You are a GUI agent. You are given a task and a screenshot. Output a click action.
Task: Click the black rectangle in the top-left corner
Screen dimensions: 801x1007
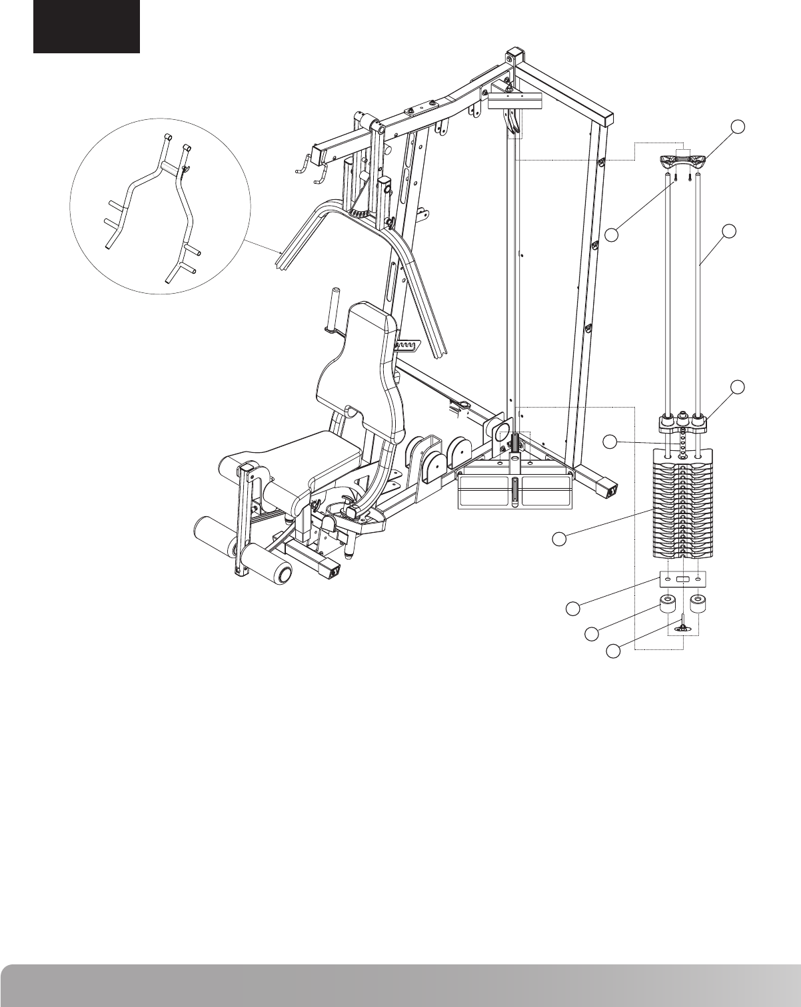pos(87,27)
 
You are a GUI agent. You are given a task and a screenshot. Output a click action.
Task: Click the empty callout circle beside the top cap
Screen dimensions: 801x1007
pos(737,127)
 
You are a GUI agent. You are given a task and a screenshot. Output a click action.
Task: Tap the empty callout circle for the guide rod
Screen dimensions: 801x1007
pos(730,231)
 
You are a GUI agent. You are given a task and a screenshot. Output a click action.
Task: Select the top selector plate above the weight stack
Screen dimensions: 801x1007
pos(681,422)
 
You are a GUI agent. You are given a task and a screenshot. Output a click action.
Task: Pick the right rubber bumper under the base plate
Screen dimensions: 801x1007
pos(698,605)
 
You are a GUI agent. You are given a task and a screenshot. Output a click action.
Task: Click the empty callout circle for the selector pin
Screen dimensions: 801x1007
pos(614,651)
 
